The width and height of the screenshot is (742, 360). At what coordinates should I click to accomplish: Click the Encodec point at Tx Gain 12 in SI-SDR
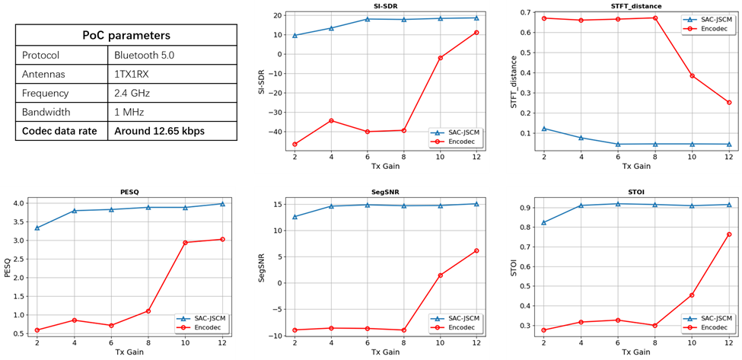476,32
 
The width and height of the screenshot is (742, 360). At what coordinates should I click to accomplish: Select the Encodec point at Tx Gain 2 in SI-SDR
295,144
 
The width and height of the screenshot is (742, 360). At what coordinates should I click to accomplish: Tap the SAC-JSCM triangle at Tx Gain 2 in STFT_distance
543,129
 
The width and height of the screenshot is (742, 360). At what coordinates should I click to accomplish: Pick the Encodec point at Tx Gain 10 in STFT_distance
692,76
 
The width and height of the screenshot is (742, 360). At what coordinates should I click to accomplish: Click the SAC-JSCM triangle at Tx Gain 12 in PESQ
222,203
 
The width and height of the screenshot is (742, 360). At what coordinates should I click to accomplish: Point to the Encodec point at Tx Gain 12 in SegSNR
476,250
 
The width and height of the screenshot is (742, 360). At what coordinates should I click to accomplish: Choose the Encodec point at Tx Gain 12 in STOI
728,234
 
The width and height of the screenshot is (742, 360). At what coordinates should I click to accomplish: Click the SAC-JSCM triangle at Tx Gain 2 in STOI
543,222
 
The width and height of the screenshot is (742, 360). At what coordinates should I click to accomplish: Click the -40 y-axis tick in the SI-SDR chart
278,132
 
